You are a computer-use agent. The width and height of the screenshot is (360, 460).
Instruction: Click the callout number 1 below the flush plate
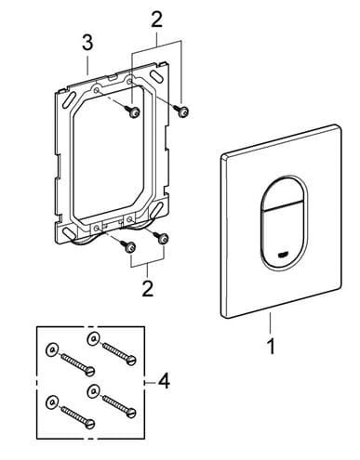click(x=271, y=346)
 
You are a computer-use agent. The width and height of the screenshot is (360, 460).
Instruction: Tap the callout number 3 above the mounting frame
click(x=87, y=43)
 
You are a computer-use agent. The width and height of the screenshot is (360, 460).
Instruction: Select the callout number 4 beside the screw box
click(x=164, y=381)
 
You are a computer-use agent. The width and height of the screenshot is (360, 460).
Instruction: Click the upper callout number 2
click(x=156, y=20)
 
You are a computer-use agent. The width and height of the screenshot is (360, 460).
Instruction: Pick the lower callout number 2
click(x=147, y=288)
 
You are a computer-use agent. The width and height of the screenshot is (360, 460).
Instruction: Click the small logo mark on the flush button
click(x=283, y=256)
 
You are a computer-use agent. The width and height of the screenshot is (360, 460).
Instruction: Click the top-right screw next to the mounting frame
click(x=181, y=111)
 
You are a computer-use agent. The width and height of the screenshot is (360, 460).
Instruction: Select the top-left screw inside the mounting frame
click(x=132, y=112)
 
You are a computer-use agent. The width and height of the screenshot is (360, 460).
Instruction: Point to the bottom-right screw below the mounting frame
click(x=161, y=237)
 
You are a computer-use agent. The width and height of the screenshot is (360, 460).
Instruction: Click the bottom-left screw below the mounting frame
click(x=128, y=246)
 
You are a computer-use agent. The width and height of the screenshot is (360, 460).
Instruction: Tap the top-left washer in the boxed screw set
click(x=51, y=349)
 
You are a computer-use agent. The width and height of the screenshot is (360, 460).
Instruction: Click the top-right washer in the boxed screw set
click(x=93, y=339)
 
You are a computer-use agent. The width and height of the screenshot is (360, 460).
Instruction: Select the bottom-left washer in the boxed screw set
click(x=51, y=401)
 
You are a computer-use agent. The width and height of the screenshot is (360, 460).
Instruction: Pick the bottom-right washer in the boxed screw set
click(x=93, y=391)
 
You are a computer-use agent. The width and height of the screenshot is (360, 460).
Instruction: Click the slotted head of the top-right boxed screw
click(x=132, y=360)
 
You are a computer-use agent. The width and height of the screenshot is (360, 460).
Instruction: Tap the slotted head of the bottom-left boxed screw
click(x=90, y=424)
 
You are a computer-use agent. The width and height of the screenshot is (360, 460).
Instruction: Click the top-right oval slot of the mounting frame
click(x=156, y=75)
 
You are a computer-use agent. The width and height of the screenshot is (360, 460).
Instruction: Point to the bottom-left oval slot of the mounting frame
click(x=68, y=232)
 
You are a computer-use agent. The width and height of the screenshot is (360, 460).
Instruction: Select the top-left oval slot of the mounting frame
click(x=68, y=99)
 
